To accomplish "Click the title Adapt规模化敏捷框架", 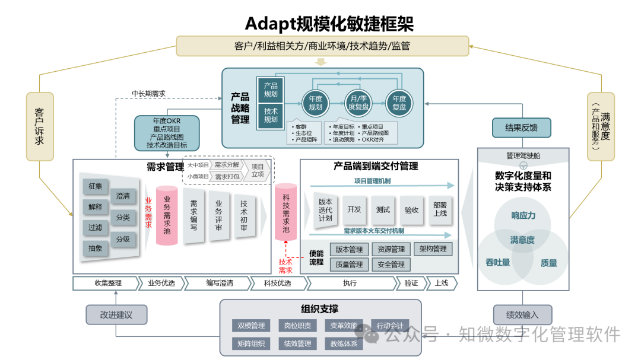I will click(329, 24).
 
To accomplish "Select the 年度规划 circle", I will click(315, 103).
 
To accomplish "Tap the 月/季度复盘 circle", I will click(358, 103).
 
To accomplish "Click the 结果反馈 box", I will click(522, 128).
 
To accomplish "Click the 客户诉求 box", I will click(40, 126).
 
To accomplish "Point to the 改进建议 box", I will click(116, 315).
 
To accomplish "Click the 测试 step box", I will click(383, 209).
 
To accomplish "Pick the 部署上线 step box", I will click(440, 209).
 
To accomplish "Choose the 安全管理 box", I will click(391, 265).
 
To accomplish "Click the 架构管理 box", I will click(433, 249).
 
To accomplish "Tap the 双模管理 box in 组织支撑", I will click(251, 326).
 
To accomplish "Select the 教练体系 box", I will click(344, 343).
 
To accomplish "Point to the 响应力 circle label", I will click(523, 215).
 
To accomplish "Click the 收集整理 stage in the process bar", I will click(107, 283).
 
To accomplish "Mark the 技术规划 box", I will click(271, 115).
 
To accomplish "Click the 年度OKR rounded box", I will click(166, 132).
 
